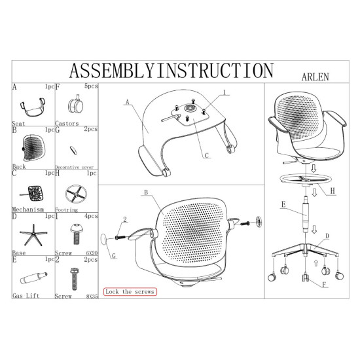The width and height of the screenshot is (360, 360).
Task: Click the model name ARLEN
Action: pyautogui.click(x=315, y=77)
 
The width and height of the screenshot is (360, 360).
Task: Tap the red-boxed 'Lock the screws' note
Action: pyautogui.click(x=130, y=291)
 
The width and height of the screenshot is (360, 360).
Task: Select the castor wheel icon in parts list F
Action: pyautogui.click(x=75, y=105)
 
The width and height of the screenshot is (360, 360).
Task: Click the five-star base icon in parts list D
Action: pyautogui.click(x=33, y=235)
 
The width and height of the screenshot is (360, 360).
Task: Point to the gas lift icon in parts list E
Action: pyautogui.click(x=33, y=278)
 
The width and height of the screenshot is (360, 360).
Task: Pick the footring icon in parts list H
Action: pyautogui.click(x=76, y=194)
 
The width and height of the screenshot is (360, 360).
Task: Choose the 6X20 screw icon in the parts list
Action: pyautogui.click(x=76, y=234)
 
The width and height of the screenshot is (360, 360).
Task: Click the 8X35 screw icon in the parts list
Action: pyautogui.click(x=74, y=279)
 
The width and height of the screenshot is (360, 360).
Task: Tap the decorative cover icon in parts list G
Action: pyautogui.click(x=73, y=151)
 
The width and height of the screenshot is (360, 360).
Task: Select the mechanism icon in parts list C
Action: pyautogui.click(x=32, y=193)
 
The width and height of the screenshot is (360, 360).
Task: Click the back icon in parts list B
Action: pyautogui.click(x=34, y=148)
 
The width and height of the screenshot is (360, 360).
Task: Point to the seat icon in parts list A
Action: pyautogui.click(x=33, y=107)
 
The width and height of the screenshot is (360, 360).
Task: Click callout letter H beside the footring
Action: pyautogui.click(x=333, y=190)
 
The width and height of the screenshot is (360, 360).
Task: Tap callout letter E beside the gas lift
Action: pyautogui.click(x=283, y=204)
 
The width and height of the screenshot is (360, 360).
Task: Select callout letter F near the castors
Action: pyautogui.click(x=324, y=285)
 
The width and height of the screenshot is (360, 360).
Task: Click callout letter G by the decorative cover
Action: pyautogui.click(x=114, y=256)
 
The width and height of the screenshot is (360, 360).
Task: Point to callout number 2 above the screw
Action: pyautogui.click(x=125, y=219)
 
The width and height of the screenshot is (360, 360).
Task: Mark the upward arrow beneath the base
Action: pyautogui.click(x=316, y=263)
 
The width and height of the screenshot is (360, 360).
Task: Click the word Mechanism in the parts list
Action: pyautogui.click(x=27, y=209)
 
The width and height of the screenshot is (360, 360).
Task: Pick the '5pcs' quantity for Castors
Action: pyautogui.click(x=91, y=86)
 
